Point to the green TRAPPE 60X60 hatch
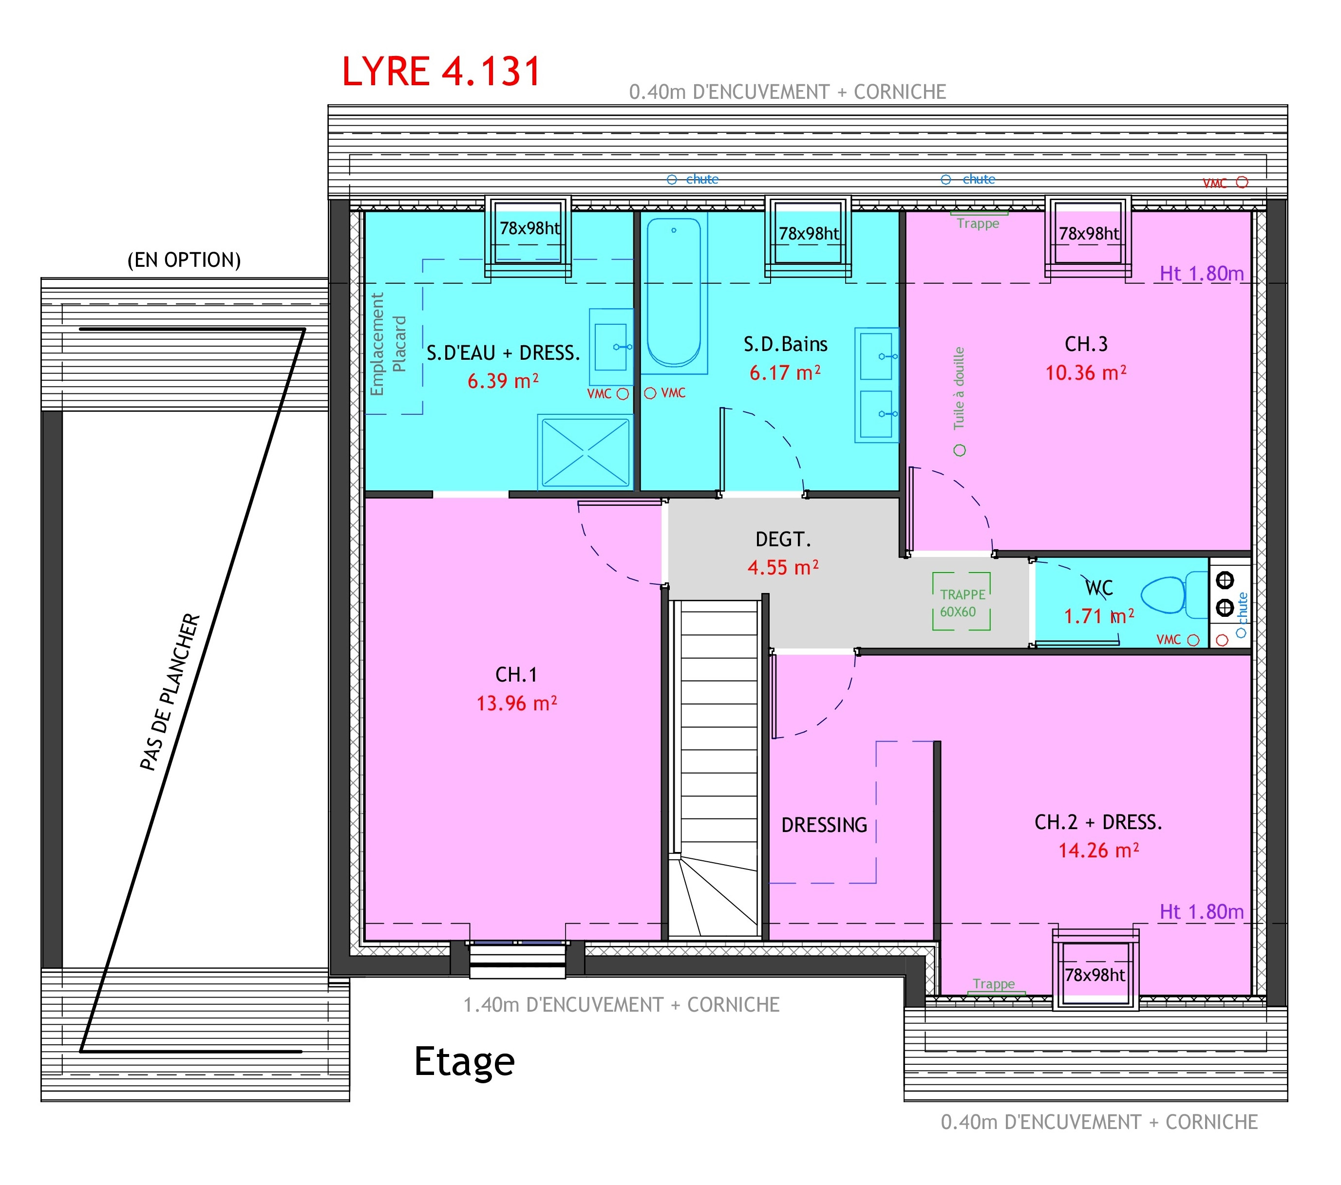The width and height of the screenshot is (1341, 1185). pyautogui.click(x=961, y=601)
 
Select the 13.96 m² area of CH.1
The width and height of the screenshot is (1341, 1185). pyautogui.click(x=516, y=704)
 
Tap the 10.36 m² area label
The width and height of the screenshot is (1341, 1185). pyautogui.click(x=1086, y=372)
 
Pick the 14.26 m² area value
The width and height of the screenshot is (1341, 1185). pyautogui.click(x=1098, y=851)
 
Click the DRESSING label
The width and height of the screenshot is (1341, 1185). pyautogui.click(x=824, y=825)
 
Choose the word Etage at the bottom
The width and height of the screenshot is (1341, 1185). pyautogui.click(x=465, y=1062)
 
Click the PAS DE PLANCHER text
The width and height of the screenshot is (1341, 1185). pyautogui.click(x=169, y=692)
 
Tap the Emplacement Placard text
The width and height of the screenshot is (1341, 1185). pyautogui.click(x=388, y=344)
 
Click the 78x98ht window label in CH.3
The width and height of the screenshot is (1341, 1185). pyautogui.click(x=1089, y=234)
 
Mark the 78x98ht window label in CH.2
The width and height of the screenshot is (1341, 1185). pyautogui.click(x=1095, y=975)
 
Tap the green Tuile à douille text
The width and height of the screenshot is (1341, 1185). pyautogui.click(x=959, y=388)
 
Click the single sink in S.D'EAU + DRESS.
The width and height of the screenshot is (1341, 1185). pyautogui.click(x=611, y=347)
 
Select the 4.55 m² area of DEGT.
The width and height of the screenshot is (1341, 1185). pyautogui.click(x=783, y=567)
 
